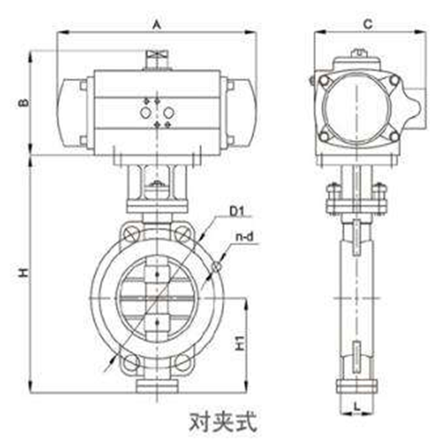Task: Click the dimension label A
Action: click(157, 24)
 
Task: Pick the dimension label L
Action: click(357, 407)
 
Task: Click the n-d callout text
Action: click(244, 237)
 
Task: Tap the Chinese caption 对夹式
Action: click(223, 421)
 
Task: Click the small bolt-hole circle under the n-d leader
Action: click(216, 268)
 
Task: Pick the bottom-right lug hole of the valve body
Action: click(183, 363)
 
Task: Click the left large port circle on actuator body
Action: click(146, 113)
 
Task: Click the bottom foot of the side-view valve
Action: click(357, 386)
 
